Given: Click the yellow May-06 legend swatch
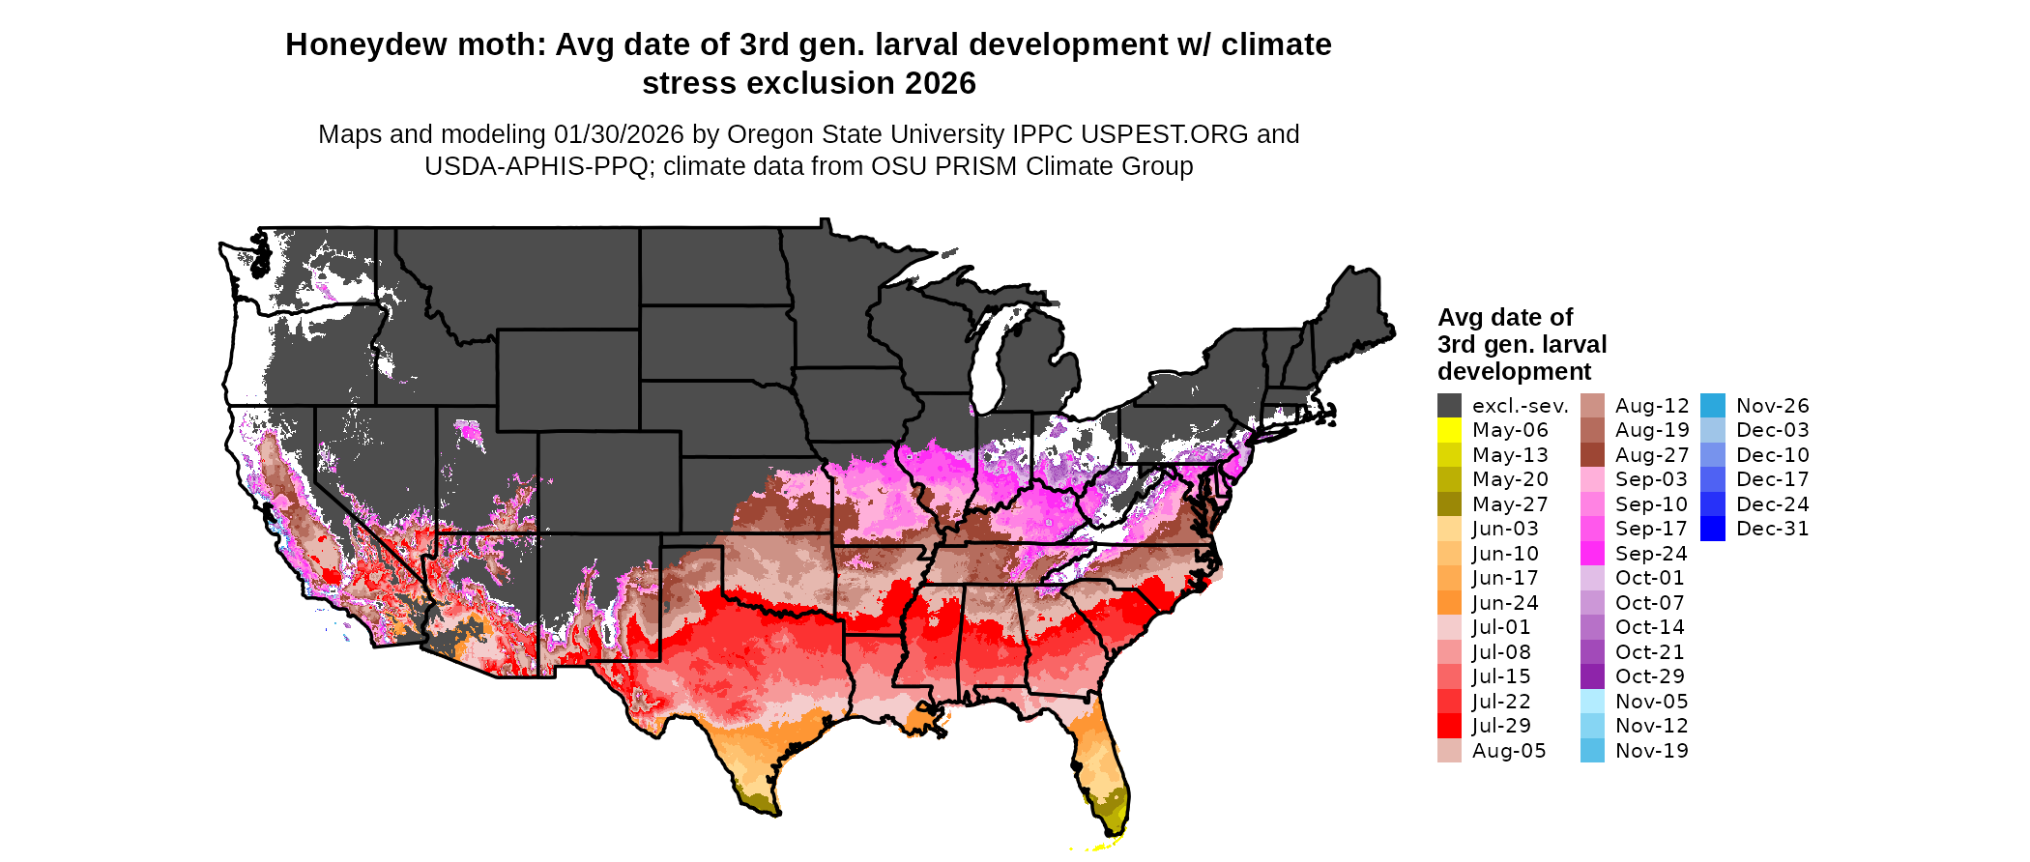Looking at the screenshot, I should (x=1449, y=430).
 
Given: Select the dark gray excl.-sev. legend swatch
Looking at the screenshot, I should (x=1449, y=406).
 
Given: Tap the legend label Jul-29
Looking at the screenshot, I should (x=1501, y=726).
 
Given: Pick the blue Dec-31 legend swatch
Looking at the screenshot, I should (x=1712, y=529).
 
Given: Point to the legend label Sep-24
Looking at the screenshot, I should (x=1651, y=554).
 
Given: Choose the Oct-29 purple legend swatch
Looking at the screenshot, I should (x=1592, y=676).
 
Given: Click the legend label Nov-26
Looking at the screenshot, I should (x=1772, y=406).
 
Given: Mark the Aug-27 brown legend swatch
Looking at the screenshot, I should (x=1592, y=455).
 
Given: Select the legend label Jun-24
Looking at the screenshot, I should (x=1505, y=603).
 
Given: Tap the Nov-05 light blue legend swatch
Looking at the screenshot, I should (x=1592, y=702).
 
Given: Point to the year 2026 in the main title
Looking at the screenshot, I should (x=940, y=84).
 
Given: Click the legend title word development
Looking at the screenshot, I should (x=1514, y=372).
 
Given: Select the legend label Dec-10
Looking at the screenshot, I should (x=1772, y=455).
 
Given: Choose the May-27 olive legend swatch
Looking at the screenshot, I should (x=1449, y=504).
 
